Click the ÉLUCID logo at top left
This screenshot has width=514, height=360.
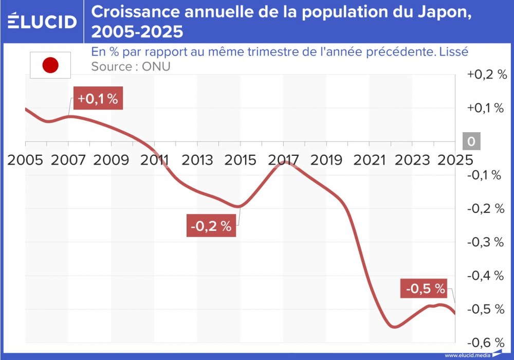(42, 21)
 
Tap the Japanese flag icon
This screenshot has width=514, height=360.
(50, 65)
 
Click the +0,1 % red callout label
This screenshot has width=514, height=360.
(98, 99)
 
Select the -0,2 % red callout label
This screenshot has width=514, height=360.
(211, 226)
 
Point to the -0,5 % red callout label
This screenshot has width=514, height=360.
(425, 289)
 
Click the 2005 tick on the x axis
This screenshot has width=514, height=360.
(26, 159)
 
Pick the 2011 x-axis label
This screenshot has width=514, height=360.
(155, 159)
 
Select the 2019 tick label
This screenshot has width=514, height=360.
(327, 159)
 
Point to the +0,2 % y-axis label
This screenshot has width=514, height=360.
(486, 75)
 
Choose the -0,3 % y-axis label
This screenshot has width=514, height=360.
(484, 242)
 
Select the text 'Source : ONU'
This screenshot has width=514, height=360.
(131, 67)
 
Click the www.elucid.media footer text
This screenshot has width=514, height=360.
(467, 355)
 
